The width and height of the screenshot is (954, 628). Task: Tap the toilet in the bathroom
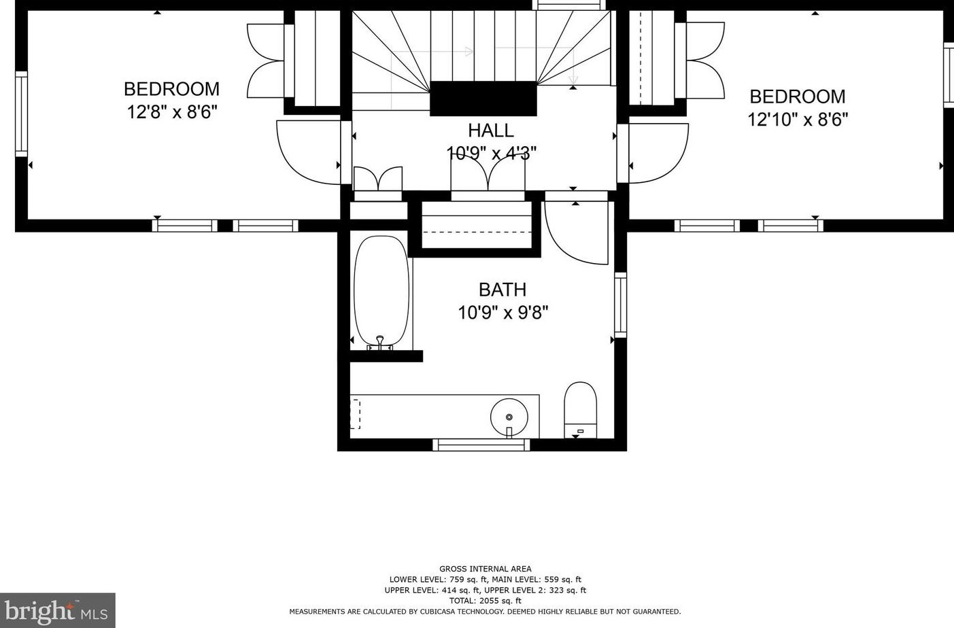coord(580,408)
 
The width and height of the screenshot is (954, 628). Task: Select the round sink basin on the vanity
coord(509,415)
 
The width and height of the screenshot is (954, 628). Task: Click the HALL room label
coord(490,130)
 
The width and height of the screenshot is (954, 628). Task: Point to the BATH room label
coord(502,290)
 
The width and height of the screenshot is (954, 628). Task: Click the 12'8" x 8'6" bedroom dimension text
coord(171,112)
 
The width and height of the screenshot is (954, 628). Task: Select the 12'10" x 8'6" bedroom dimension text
coord(797,120)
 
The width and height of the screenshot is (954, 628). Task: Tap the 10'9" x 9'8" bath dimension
coord(502,313)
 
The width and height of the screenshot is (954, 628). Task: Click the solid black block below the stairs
coord(483,99)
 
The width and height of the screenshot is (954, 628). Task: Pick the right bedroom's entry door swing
coord(656,153)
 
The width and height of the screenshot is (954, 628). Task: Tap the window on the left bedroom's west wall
coord(22,114)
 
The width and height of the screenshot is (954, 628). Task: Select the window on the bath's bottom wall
coord(481,444)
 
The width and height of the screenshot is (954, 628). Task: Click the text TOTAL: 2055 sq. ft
coord(485,601)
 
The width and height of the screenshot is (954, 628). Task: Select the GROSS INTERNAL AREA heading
coord(485,569)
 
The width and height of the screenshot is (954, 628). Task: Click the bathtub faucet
coord(380,342)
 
